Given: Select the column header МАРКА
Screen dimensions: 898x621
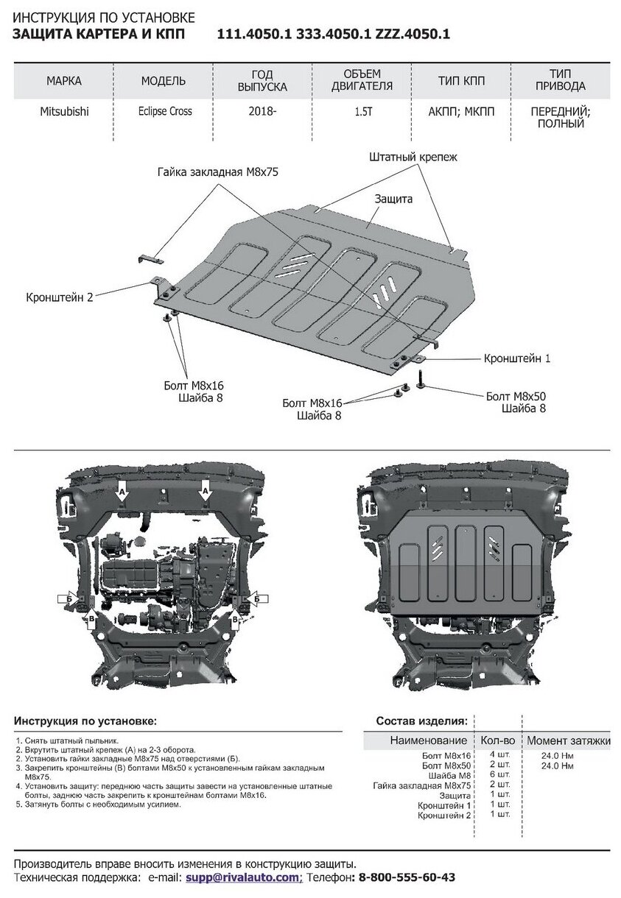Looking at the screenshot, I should (x=64, y=80).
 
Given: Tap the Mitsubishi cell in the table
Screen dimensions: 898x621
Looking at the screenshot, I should (x=64, y=111).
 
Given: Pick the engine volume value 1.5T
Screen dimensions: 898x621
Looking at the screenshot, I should (x=362, y=111).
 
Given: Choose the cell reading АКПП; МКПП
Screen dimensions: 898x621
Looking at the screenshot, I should (x=460, y=111).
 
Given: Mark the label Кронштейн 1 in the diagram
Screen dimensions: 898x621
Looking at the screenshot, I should (x=517, y=358).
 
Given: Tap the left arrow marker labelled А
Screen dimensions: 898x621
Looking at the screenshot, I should (x=123, y=489).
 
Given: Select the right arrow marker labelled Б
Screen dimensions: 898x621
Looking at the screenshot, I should (x=257, y=599).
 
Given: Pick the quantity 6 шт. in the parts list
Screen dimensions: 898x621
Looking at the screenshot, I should (x=499, y=774).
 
